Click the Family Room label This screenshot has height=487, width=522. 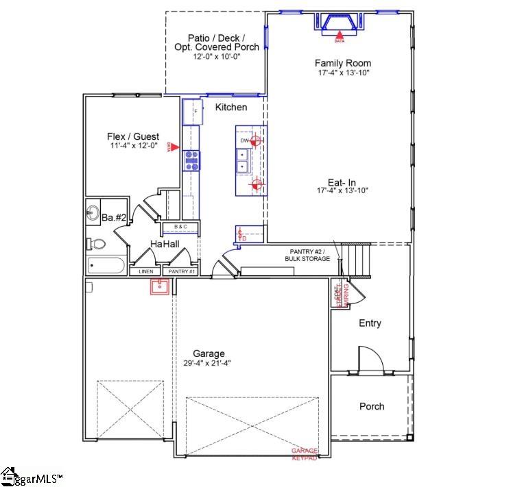[343, 63]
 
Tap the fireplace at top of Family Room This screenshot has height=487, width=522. [339, 23]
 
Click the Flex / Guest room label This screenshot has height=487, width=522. [133, 136]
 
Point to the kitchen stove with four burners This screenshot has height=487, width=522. [191, 160]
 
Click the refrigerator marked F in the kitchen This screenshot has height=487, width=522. [191, 111]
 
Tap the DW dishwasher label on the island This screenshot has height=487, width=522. [244, 141]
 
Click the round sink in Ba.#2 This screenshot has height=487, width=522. [92, 211]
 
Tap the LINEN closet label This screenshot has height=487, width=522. [145, 271]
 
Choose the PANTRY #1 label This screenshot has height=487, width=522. [182, 271]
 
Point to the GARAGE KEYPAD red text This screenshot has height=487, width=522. [305, 453]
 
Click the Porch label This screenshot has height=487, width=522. [372, 406]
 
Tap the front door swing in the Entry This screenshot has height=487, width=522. [369, 360]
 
